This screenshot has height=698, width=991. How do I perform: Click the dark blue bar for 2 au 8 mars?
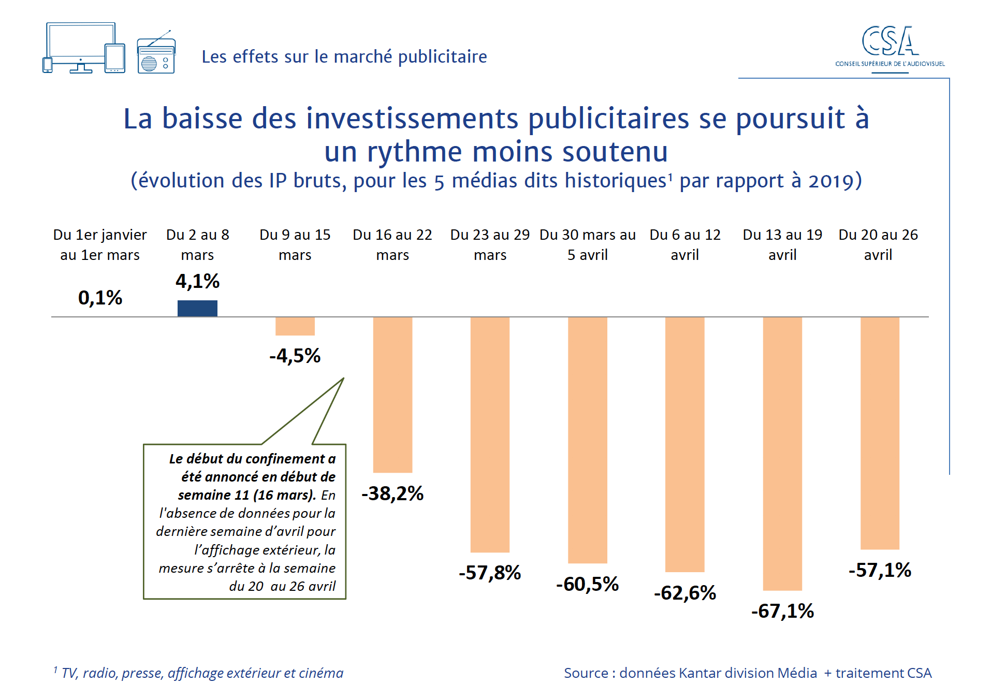tap(197, 308)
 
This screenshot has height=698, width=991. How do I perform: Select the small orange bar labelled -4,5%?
tap(295, 326)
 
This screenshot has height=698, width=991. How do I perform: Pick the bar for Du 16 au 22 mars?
tap(392, 395)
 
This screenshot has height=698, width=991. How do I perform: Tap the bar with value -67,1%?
tap(782, 453)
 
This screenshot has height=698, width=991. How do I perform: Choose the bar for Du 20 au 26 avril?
tap(880, 433)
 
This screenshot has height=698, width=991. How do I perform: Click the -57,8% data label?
tap(490, 573)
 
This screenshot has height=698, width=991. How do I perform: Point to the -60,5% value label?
tap(587, 584)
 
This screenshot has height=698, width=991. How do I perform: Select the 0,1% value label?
tap(100, 298)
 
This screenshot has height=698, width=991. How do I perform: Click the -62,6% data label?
tap(685, 593)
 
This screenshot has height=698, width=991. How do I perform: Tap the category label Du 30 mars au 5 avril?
tap(587, 244)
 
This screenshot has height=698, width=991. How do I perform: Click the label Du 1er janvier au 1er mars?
tap(100, 244)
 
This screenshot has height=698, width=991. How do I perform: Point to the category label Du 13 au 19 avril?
tap(782, 244)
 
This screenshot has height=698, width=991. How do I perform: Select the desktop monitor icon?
tap(81, 44)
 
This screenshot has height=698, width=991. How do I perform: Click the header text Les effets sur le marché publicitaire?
tap(344, 56)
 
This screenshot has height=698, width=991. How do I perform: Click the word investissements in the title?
tap(412, 119)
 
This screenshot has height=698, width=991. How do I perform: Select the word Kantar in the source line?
tap(697, 673)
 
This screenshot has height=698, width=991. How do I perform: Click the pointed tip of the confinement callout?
tap(343, 379)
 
